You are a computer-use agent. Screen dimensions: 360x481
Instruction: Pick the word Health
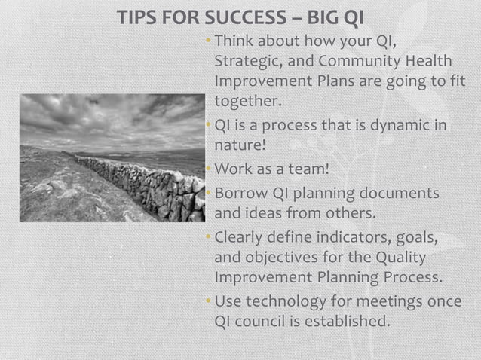(x=430, y=61)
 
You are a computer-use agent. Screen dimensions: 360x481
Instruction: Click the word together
(x=247, y=101)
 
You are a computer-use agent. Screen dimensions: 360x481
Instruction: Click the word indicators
(x=353, y=238)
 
